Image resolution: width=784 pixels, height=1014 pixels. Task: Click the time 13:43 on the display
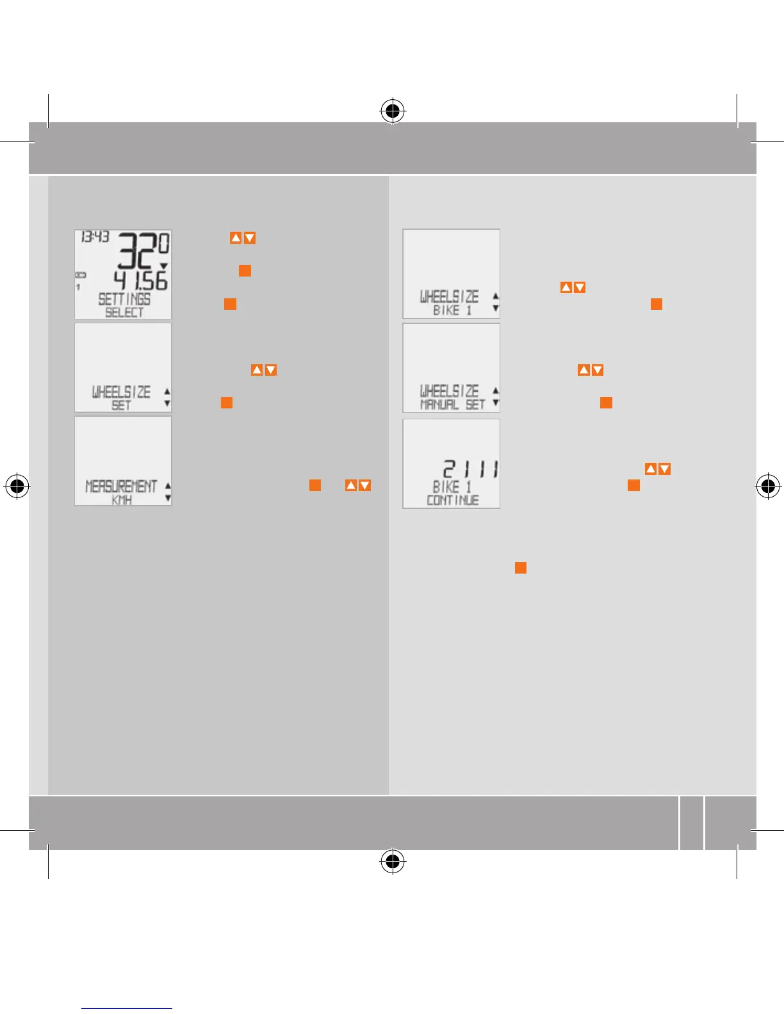click(95, 237)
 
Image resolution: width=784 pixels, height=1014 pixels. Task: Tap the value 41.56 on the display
click(140, 280)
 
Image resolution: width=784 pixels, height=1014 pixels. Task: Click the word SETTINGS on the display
click(124, 299)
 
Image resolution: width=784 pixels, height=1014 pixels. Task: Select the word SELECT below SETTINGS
click(124, 312)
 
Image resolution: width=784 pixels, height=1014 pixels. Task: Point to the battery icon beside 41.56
click(81, 275)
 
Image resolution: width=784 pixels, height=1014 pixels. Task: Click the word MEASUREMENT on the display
click(121, 487)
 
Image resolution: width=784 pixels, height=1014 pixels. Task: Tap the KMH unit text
click(122, 500)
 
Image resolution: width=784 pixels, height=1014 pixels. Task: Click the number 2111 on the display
click(471, 469)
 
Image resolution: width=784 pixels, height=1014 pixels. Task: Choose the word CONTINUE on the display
click(452, 500)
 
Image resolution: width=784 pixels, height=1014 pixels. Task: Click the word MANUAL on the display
click(439, 405)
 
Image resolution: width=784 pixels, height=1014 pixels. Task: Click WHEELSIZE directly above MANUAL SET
click(449, 390)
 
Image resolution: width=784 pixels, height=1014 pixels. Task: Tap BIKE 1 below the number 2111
click(452, 487)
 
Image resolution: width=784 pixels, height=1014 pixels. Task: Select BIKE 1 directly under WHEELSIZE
click(452, 310)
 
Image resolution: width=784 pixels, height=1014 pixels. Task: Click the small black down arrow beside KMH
click(168, 498)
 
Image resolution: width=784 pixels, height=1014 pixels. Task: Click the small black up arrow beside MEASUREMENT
click(168, 486)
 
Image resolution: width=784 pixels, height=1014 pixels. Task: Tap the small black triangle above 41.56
click(163, 266)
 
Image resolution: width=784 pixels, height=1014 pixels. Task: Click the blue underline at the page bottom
click(127, 1008)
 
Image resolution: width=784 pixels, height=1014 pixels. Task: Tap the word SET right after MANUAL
click(475, 405)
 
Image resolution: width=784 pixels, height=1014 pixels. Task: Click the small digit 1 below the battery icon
click(79, 287)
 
